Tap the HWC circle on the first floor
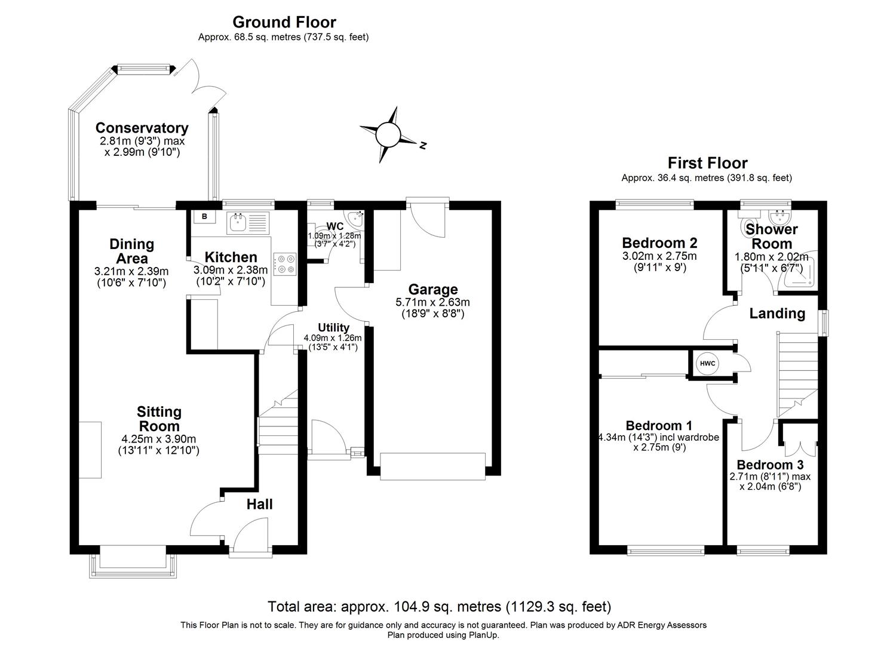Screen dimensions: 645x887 707,363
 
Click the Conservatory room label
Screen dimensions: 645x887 142,128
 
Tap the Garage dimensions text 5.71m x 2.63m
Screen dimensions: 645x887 432,302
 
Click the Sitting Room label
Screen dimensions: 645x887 159,419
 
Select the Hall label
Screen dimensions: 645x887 260,504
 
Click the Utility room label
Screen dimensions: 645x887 333,327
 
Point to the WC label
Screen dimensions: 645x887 334,226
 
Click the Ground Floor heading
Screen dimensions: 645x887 284,22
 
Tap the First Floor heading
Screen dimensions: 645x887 707,162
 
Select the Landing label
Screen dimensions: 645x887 776,313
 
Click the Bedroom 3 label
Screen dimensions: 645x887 769,465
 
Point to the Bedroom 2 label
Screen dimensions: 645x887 659,242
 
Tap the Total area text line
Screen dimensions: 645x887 439,607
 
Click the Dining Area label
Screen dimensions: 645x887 131,251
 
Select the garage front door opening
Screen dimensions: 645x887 432,466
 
